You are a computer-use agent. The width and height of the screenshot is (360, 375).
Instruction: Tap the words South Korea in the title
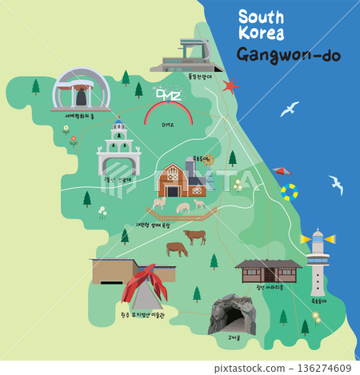(267, 25)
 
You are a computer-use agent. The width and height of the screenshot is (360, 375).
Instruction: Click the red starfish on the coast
(231, 85)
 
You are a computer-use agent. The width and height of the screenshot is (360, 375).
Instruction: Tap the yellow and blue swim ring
(288, 192)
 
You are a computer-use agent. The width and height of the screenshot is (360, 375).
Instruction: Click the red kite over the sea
(280, 170)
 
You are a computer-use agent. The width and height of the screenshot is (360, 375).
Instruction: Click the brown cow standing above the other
(194, 236)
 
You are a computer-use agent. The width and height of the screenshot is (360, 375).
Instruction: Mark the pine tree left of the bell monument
(35, 86)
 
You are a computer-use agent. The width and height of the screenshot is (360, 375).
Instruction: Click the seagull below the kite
(336, 186)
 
